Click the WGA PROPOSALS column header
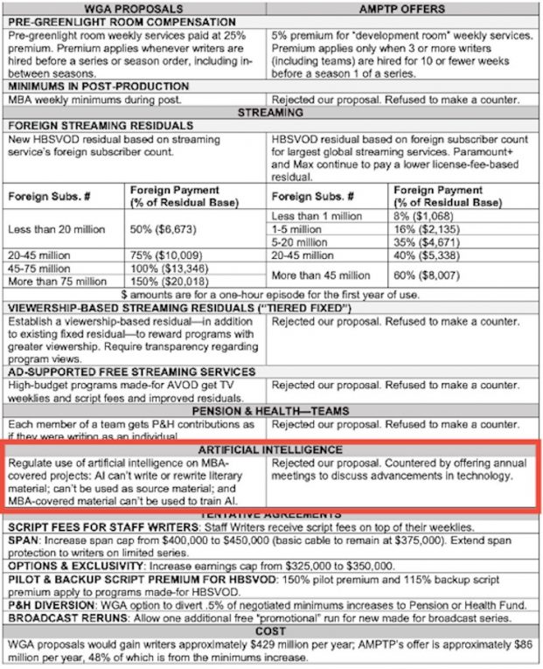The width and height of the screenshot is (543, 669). [x=136, y=9]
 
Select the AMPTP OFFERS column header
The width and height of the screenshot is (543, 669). [x=402, y=9]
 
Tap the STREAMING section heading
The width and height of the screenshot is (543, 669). [x=271, y=113]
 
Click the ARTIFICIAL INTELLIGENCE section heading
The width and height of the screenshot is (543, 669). [x=270, y=449]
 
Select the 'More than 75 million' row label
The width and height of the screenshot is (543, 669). [x=58, y=282]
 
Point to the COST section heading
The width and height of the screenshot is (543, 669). [x=270, y=630]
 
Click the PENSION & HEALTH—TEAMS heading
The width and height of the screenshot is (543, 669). [x=270, y=411]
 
